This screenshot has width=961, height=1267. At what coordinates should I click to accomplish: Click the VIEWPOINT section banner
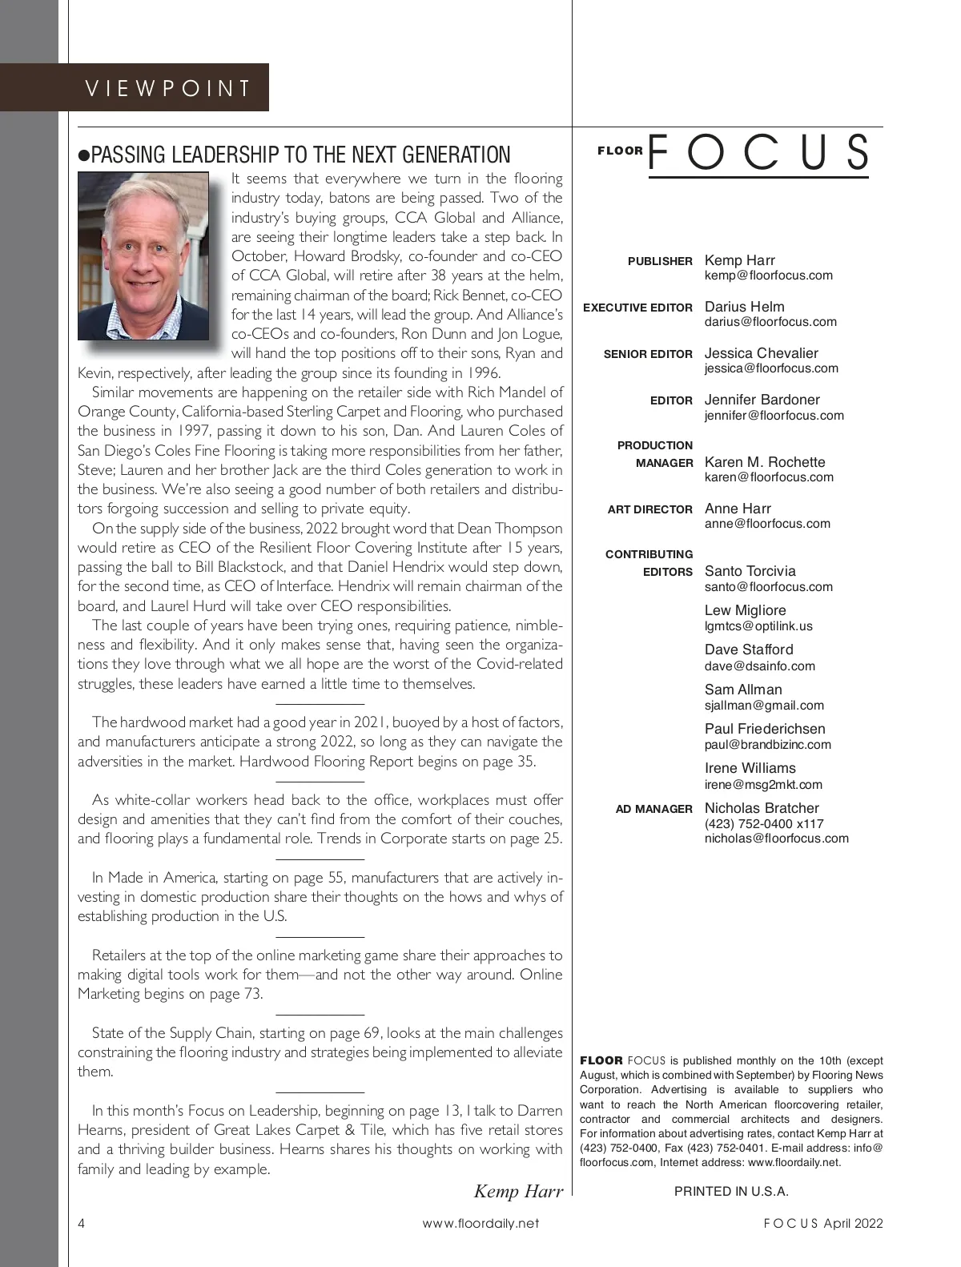point(168,88)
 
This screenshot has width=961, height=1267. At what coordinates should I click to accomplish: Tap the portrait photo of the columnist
point(143,256)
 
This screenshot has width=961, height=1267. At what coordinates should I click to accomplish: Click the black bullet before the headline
point(83,155)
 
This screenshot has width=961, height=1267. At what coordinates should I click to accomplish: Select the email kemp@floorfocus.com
point(768,276)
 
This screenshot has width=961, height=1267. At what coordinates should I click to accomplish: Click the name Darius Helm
point(744,307)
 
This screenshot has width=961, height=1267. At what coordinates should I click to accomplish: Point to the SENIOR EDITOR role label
point(648,354)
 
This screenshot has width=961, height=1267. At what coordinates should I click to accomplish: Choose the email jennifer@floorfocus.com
point(774,416)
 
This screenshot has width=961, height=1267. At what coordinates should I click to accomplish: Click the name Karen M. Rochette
point(764,462)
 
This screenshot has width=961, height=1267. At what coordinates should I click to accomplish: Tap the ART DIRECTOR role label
point(649,509)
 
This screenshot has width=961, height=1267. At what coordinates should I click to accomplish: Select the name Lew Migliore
point(745,610)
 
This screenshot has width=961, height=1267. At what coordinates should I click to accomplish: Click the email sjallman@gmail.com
point(764,706)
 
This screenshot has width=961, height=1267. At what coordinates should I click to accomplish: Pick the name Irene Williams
point(750,768)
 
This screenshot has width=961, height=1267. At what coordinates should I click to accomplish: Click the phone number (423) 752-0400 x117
point(764,823)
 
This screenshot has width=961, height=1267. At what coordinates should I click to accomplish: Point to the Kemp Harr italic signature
point(518,1191)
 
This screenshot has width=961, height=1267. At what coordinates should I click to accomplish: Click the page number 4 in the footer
point(82,1223)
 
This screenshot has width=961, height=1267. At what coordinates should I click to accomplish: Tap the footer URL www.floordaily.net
point(480,1223)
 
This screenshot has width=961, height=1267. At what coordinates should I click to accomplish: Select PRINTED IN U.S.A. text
point(731,1191)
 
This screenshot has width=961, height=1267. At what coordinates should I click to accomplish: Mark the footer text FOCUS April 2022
point(822,1223)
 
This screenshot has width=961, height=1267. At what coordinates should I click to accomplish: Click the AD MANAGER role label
point(653,809)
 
